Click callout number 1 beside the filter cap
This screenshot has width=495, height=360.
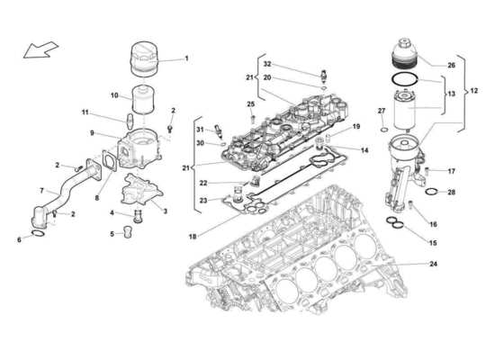[x=187, y=59]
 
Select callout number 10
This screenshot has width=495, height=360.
[x=114, y=95]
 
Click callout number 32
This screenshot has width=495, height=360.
[x=266, y=64]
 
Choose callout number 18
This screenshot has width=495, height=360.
[x=193, y=236]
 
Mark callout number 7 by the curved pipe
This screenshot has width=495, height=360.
[x=42, y=191]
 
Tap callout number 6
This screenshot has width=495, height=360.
[x=20, y=239]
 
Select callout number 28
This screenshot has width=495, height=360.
[x=451, y=192]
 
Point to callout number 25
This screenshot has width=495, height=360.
[x=251, y=105]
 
